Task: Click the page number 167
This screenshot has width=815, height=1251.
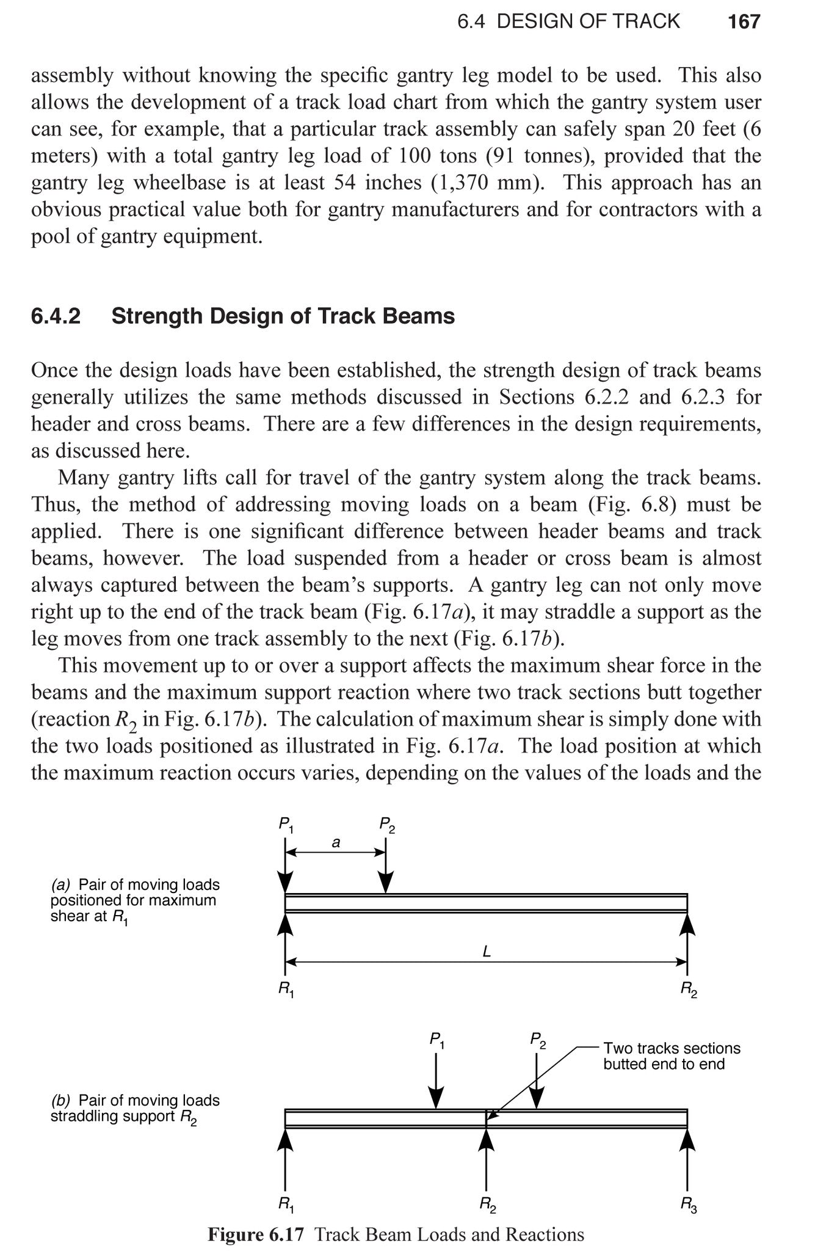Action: click(x=744, y=22)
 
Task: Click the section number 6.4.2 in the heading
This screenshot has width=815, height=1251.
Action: click(x=56, y=316)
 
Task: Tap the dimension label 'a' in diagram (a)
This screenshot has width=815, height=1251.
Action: click(x=335, y=843)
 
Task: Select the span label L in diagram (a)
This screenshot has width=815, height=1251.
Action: click(x=487, y=952)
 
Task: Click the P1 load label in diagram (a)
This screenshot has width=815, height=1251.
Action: click(x=286, y=825)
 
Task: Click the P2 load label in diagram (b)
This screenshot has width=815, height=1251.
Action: click(x=537, y=1040)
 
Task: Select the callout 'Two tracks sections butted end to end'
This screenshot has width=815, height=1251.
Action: click(x=671, y=1056)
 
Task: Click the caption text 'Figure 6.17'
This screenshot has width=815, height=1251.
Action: click(x=255, y=1235)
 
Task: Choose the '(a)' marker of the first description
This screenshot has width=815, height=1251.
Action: click(x=61, y=884)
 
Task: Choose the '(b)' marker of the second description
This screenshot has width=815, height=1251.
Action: click(x=61, y=1100)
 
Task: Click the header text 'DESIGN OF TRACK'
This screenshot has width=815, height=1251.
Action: click(x=588, y=22)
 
